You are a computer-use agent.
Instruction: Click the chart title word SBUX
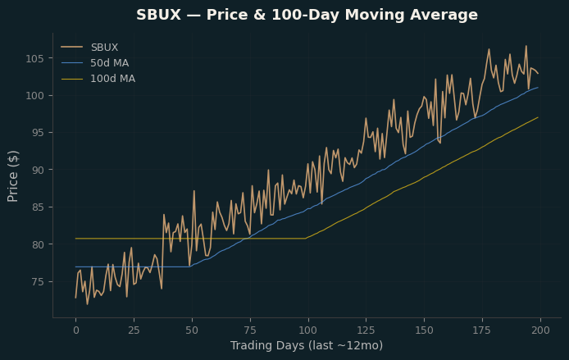(x=158, y=15)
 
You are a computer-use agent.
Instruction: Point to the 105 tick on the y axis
(x=34, y=58)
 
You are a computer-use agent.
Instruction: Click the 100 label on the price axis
(x=34, y=96)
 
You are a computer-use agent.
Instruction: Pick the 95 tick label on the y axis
(x=38, y=133)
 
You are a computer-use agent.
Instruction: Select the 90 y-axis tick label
(x=38, y=171)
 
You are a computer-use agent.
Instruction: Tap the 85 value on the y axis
(x=38, y=207)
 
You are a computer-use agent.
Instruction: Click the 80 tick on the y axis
(x=38, y=244)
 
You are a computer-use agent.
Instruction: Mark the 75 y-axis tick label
(x=38, y=282)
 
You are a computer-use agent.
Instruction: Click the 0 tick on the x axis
(x=76, y=330)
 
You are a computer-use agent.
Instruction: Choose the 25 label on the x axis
(x=134, y=330)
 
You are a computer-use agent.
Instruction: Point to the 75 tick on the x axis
(x=250, y=330)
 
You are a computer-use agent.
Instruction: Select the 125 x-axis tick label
(x=366, y=330)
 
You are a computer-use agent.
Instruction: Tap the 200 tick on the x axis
(x=540, y=330)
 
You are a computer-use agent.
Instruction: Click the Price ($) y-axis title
(x=12, y=176)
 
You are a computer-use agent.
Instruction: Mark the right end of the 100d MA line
(x=538, y=117)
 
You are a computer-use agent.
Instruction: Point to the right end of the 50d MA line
(x=538, y=88)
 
